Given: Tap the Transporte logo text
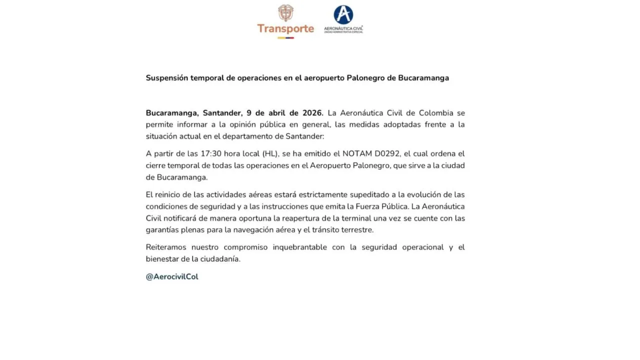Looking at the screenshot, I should point(285,28).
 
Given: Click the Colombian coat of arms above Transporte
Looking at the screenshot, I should point(285,13).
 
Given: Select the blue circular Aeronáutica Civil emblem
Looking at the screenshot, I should point(343,14).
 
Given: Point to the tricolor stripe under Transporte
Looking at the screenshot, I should point(285,37).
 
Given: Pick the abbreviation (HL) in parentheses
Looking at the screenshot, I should point(271,153).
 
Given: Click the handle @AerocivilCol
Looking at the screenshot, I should point(172,276).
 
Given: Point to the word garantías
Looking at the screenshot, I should point(164,230).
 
